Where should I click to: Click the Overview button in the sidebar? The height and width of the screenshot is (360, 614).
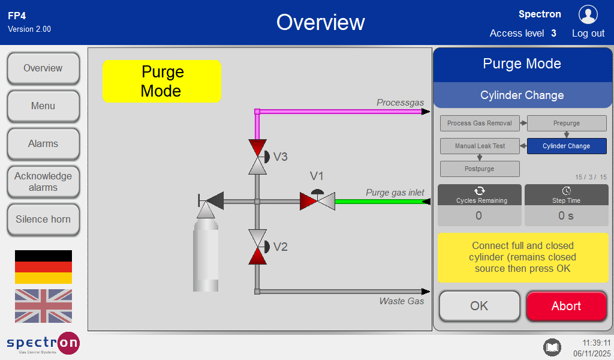pyautogui.click(x=43, y=68)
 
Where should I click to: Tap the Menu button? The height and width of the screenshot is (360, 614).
pyautogui.click(x=43, y=106)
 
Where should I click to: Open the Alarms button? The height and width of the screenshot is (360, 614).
pyautogui.click(x=43, y=144)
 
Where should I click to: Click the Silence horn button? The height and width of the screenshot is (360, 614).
pyautogui.click(x=43, y=220)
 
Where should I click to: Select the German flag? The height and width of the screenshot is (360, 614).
pyautogui.click(x=43, y=267)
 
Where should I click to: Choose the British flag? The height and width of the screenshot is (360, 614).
pyautogui.click(x=43, y=306)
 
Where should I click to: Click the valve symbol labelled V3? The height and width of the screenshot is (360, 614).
pyautogui.click(x=258, y=157)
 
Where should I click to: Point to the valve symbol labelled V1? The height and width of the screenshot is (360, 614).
pyautogui.click(x=317, y=200)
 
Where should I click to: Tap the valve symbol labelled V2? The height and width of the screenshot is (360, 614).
pyautogui.click(x=258, y=247)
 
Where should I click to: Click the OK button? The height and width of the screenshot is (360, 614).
pyautogui.click(x=479, y=306)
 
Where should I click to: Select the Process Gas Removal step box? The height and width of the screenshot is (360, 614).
pyautogui.click(x=480, y=123)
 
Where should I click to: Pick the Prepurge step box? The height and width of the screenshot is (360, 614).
pyautogui.click(x=567, y=123)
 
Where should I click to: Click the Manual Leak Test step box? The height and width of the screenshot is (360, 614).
pyautogui.click(x=480, y=146)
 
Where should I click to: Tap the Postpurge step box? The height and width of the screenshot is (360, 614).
pyautogui.click(x=480, y=169)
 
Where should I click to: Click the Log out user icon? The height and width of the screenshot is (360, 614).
pyautogui.click(x=588, y=14)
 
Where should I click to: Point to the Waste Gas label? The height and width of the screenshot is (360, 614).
pyautogui.click(x=401, y=301)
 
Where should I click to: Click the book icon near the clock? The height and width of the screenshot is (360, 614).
pyautogui.click(x=552, y=347)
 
